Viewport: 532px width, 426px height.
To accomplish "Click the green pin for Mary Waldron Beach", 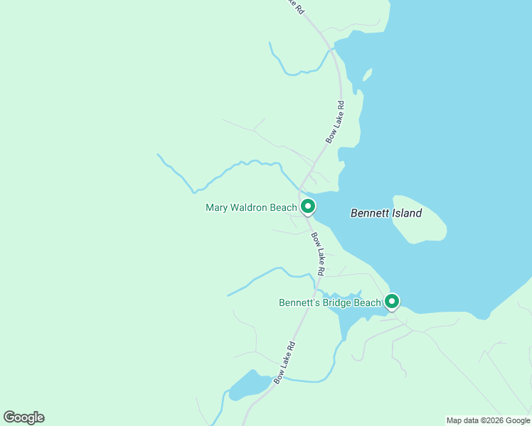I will pyautogui.click(x=308, y=207).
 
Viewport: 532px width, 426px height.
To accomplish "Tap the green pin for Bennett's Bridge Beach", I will pyautogui.click(x=391, y=302).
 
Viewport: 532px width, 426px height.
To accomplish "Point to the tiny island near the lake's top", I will pyautogui.click(x=367, y=75).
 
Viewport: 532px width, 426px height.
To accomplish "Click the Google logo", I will pyautogui.click(x=23, y=417).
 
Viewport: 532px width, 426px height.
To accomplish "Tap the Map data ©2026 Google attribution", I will pyautogui.click(x=488, y=420).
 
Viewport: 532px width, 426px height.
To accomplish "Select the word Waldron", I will pyautogui.click(x=249, y=208).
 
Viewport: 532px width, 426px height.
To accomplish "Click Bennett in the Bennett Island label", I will pyautogui.click(x=369, y=213).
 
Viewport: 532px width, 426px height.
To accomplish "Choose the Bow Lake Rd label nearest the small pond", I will pyautogui.click(x=284, y=364).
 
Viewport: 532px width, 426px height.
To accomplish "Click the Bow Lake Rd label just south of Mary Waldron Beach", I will pyautogui.click(x=317, y=253).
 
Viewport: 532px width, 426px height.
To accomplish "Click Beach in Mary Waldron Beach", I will pyautogui.click(x=284, y=208).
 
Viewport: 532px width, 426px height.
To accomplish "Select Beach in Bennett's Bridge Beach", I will pyautogui.click(x=368, y=302).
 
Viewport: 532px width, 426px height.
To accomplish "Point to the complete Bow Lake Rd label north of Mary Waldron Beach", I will pyautogui.click(x=335, y=122).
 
